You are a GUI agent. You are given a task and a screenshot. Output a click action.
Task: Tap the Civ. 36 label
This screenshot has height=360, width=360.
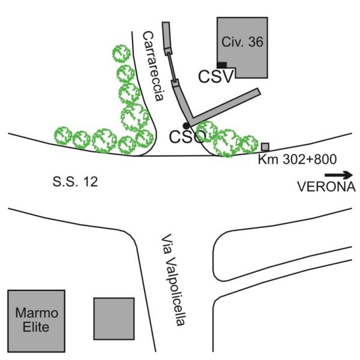[242, 42]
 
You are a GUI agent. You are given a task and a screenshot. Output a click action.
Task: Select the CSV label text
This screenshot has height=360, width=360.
[216, 76]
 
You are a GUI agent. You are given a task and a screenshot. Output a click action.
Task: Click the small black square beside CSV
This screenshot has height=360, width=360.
[222, 64]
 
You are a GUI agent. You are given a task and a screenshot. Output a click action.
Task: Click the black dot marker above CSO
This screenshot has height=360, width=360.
[186, 125]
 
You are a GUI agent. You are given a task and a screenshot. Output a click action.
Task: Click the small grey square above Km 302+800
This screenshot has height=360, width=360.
[265, 147]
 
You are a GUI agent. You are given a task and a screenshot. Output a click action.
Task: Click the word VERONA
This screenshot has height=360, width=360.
[327, 187]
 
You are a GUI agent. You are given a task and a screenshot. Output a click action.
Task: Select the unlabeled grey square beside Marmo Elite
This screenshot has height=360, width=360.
[113, 318]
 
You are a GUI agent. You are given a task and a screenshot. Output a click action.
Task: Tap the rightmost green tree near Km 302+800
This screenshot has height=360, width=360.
[248, 143]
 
